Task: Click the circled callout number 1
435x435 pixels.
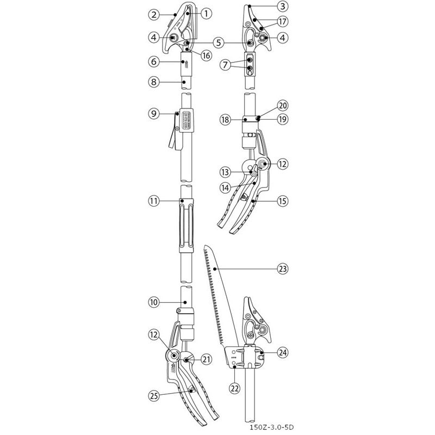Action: pyautogui.click(x=206, y=13)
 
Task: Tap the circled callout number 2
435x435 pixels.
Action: pyautogui.click(x=154, y=13)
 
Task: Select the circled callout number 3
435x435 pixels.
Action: pyautogui.click(x=282, y=7)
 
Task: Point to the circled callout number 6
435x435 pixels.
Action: pyautogui.click(x=154, y=62)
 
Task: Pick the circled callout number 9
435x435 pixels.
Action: pyautogui.click(x=154, y=114)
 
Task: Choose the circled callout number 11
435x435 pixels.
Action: pyautogui.click(x=154, y=201)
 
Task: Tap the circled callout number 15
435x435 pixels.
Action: pyautogui.click(x=282, y=201)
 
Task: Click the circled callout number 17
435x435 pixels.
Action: pyautogui.click(x=282, y=22)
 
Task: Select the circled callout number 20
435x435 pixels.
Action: pyautogui.click(x=282, y=105)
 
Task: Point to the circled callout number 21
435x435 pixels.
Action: pyautogui.click(x=206, y=358)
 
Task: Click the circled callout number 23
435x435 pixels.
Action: pyautogui.click(x=282, y=268)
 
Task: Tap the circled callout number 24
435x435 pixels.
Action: pyautogui.click(x=282, y=352)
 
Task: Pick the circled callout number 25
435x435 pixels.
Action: pyautogui.click(x=154, y=396)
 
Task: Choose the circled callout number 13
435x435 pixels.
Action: pyautogui.click(x=225, y=172)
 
